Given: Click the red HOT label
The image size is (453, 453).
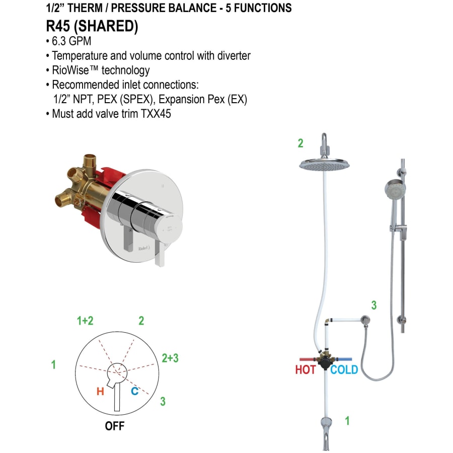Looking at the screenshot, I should tap(305, 370).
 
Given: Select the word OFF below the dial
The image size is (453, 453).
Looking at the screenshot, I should tap(114, 426).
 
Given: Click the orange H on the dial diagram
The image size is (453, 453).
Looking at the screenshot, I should tap(100, 391).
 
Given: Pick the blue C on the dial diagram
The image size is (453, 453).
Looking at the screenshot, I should tap(134, 391).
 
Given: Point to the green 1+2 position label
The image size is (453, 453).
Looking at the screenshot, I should tap(85, 321).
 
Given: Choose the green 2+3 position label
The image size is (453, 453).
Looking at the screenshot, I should tap(170, 358).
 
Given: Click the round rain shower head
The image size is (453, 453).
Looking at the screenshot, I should tap(323, 164).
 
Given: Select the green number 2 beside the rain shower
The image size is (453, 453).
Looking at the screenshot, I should tap(300, 143).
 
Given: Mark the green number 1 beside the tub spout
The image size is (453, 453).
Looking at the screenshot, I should tap(347, 421).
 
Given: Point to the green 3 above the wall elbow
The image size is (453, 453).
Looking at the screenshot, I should tap(374, 305).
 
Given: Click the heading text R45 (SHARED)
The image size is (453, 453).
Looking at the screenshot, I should tap(92, 26).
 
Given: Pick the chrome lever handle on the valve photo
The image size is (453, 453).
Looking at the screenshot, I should tap(161, 254).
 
